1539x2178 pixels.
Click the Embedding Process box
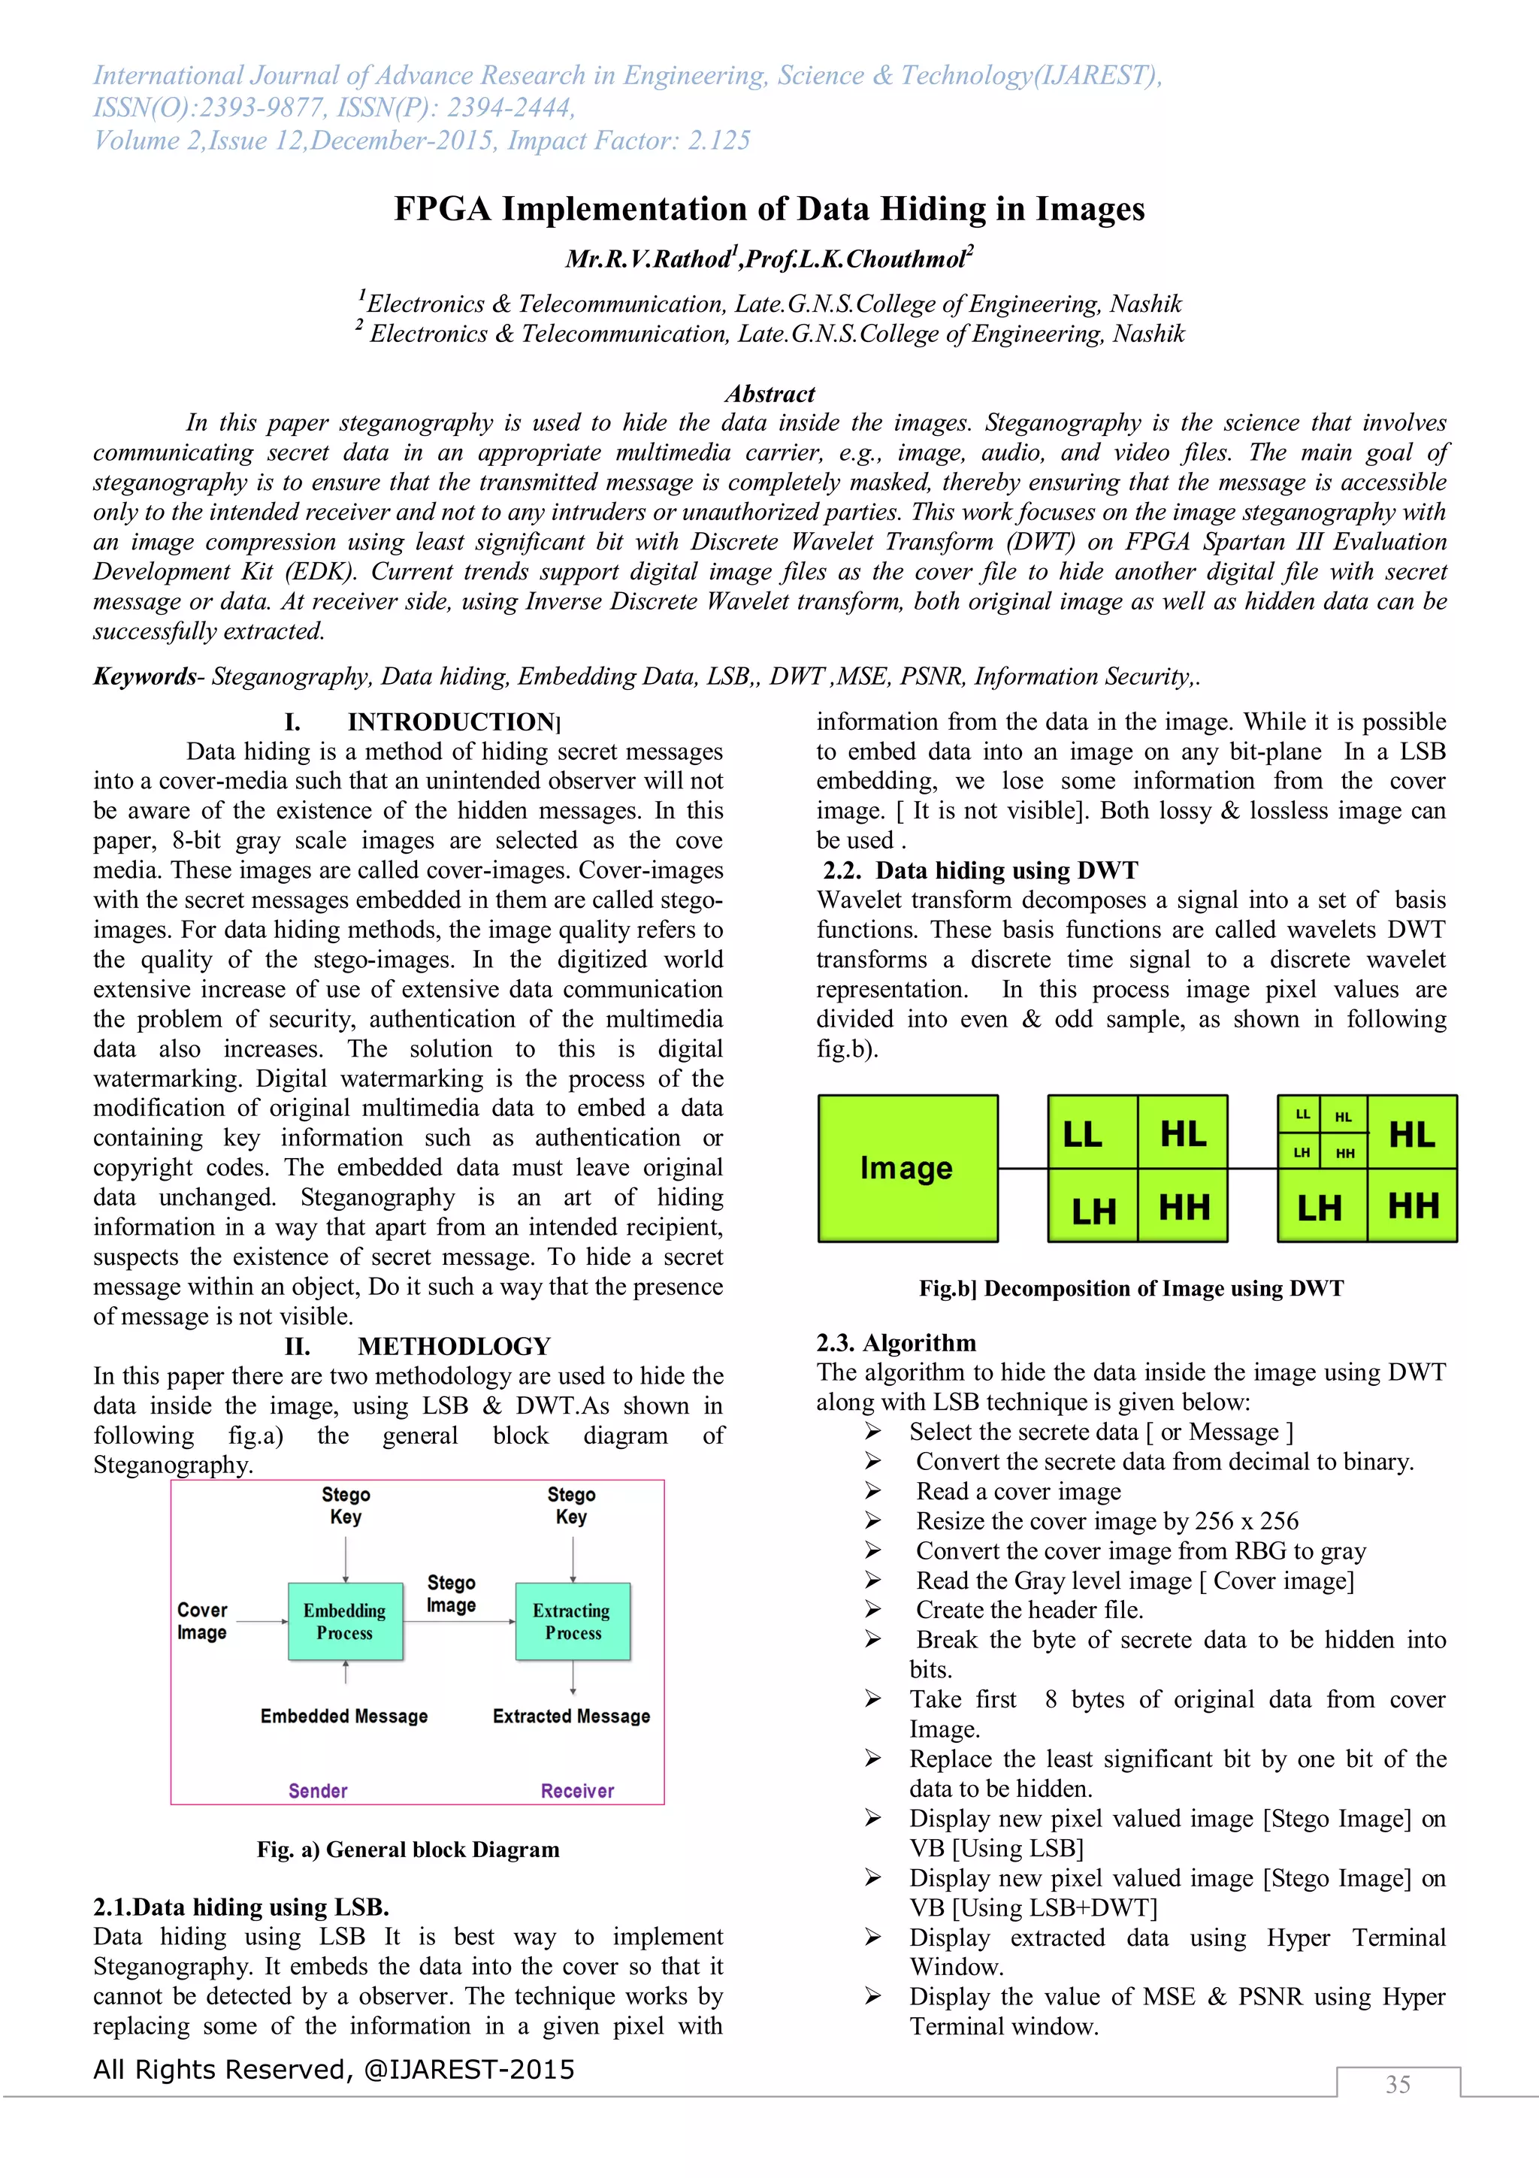pyautogui.click(x=345, y=1621)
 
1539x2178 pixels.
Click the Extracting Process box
pyautogui.click(x=573, y=1621)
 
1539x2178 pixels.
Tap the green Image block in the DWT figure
pyautogui.click(x=908, y=1168)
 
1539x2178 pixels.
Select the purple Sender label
pyautogui.click(x=318, y=1791)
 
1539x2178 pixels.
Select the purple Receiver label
pyautogui.click(x=577, y=1791)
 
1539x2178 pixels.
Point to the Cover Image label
pyautogui.click(x=202, y=1621)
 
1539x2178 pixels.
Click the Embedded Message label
pyautogui.click(x=344, y=1716)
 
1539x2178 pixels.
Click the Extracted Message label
pyautogui.click(x=572, y=1716)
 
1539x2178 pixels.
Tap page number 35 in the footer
pyautogui.click(x=1398, y=2084)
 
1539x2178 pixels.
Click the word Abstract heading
pyautogui.click(x=770, y=394)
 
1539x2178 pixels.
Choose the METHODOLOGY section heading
pyautogui.click(x=454, y=1346)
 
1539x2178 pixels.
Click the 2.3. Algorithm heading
pyautogui.click(x=896, y=1342)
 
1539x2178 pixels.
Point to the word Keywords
pyautogui.click(x=144, y=676)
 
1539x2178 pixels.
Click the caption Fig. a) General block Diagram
pyautogui.click(x=409, y=1849)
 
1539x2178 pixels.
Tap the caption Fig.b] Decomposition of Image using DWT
pyautogui.click(x=1131, y=1288)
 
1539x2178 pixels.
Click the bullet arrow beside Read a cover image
pyautogui.click(x=873, y=1491)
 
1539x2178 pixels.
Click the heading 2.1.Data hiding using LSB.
pyautogui.click(x=241, y=1907)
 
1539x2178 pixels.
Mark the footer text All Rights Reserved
pyautogui.click(x=334, y=2069)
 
